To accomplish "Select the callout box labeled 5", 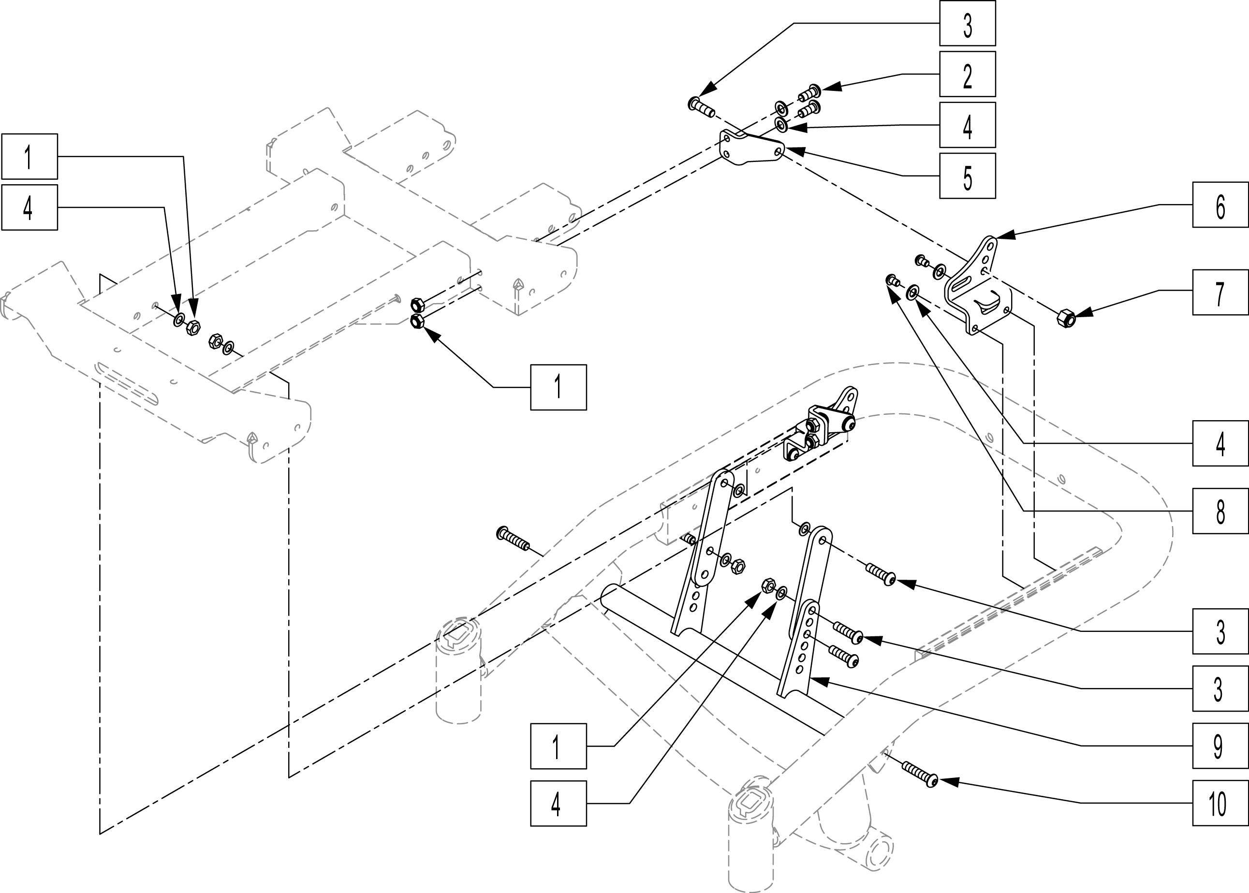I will click(967, 176).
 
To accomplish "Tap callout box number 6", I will click(1220, 205).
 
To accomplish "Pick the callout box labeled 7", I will click(1220, 292).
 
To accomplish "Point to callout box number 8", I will click(1220, 511).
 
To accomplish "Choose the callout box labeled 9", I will click(1220, 746).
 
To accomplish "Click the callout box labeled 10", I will click(1220, 803).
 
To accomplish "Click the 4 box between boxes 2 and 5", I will click(967, 125).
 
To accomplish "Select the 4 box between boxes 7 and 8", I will click(1220, 443).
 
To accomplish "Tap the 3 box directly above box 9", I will click(1220, 688).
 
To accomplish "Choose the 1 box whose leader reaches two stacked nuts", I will click(558, 387).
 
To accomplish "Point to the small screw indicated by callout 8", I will click(893, 281).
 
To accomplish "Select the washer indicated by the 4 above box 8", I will click(912, 292).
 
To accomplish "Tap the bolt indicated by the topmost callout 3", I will click(700, 107).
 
